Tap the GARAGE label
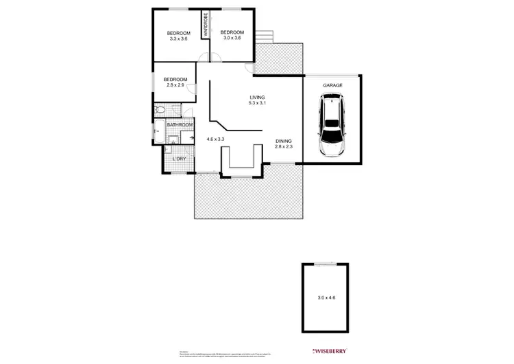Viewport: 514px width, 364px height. click(332, 85)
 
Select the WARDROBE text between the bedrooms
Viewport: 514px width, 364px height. click(204, 25)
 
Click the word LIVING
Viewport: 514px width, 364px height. click(257, 98)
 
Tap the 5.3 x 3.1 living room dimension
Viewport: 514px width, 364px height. click(257, 104)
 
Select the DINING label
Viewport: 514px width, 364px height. click(284, 140)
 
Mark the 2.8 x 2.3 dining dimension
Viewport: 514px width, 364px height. click(284, 146)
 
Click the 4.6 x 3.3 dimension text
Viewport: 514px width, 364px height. click(216, 139)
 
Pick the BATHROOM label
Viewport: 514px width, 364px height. click(180, 125)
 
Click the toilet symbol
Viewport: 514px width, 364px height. click(158, 109)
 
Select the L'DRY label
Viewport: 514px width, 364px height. click(179, 159)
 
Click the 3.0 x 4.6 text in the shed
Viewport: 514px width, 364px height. click(326, 297)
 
